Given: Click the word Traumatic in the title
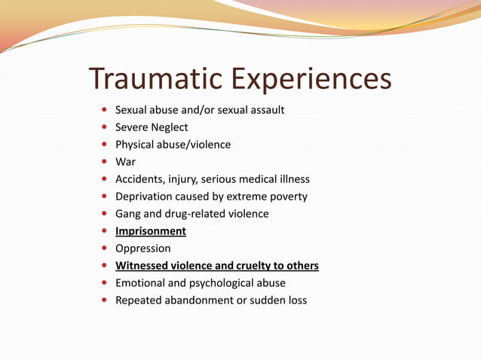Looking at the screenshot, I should click(x=155, y=79).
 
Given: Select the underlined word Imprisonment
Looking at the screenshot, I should click(x=150, y=231).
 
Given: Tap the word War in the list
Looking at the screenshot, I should click(x=124, y=162).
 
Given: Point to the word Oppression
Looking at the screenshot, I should click(x=142, y=249).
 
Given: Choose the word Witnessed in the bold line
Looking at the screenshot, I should click(x=142, y=266).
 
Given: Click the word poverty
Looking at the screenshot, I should click(x=286, y=197).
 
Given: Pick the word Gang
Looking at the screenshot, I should click(x=127, y=214).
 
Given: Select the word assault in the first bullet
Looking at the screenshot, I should click(x=266, y=110).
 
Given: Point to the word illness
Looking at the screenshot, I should click(x=292, y=179).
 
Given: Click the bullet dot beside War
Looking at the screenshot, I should click(x=104, y=162).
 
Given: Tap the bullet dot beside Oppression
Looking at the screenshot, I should click(x=104, y=249).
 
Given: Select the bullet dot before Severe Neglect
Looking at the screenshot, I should click(x=104, y=127).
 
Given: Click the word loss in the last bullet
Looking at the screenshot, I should click(x=296, y=301).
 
